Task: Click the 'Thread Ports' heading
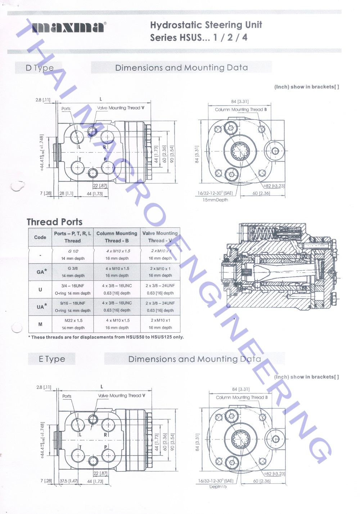pyautogui.click(x=54, y=222)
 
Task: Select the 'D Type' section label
pyautogui.click(x=39, y=68)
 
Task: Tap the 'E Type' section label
pyautogui.click(x=52, y=359)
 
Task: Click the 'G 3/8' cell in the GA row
pyautogui.click(x=73, y=268)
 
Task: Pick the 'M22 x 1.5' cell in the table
pyautogui.click(x=73, y=320)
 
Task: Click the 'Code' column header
pyautogui.click(x=40, y=237)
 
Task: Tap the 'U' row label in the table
pyautogui.click(x=40, y=290)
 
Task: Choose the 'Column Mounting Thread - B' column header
pyautogui.click(x=117, y=237)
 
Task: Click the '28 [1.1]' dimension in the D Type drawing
pyautogui.click(x=66, y=193)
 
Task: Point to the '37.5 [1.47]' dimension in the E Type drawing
pyautogui.click(x=68, y=481)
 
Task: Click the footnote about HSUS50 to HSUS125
pyautogui.click(x=106, y=337)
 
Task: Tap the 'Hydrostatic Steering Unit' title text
pyautogui.click(x=206, y=25)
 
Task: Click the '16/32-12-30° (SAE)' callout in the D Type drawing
pyautogui.click(x=215, y=193)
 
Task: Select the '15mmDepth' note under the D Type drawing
pyautogui.click(x=215, y=200)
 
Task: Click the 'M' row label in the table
pyautogui.click(x=40, y=324)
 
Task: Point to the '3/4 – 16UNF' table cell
pyautogui.click(x=73, y=286)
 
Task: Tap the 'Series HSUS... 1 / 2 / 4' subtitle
pyautogui.click(x=199, y=37)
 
